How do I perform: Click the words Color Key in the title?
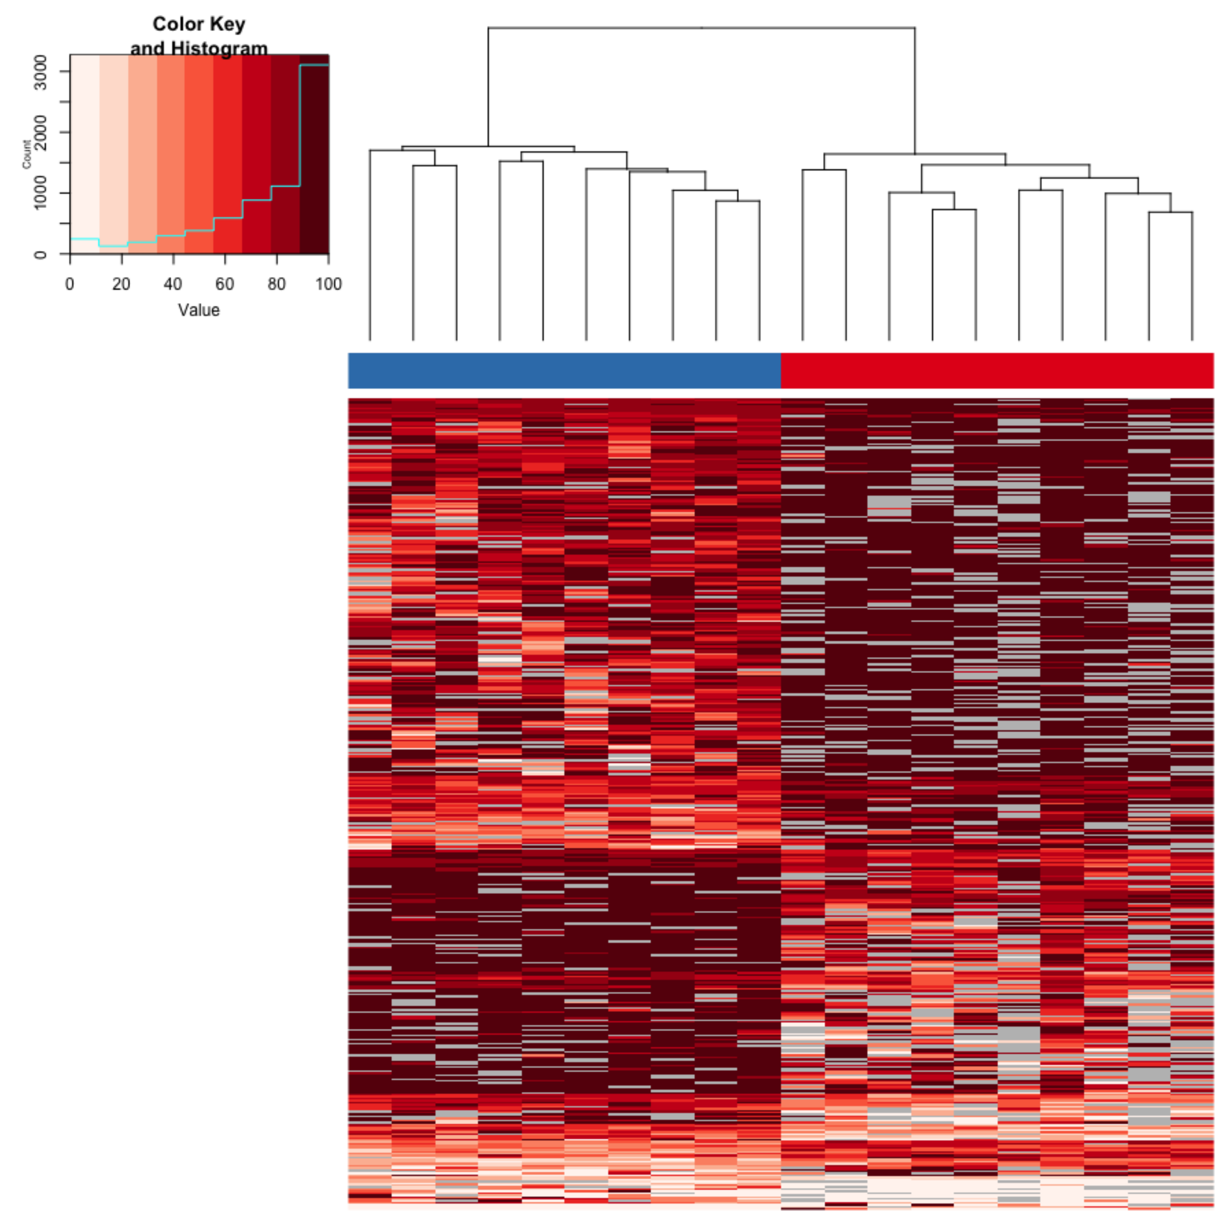(199, 24)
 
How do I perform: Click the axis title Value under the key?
(199, 310)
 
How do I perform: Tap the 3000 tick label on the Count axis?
(40, 72)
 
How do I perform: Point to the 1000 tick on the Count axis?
(40, 193)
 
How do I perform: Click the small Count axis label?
(27, 154)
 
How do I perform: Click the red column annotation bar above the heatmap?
(996, 371)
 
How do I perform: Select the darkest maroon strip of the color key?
(314, 159)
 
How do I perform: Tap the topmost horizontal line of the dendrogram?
(701, 28)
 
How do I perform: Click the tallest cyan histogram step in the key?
(314, 65)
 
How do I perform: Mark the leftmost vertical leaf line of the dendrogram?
(370, 254)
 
